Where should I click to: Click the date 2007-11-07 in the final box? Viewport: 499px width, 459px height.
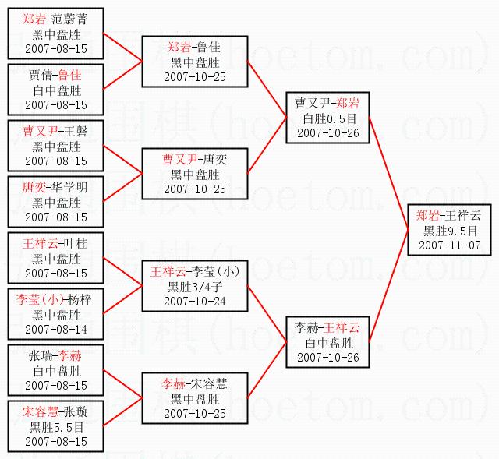click(x=448, y=245)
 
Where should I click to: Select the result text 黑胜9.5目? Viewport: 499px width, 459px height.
click(x=448, y=231)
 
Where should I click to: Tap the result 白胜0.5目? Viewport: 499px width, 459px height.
click(x=327, y=118)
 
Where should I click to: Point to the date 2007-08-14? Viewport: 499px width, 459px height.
click(x=56, y=330)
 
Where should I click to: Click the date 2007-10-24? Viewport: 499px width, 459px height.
click(x=195, y=301)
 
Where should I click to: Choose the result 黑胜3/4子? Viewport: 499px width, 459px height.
click(x=195, y=287)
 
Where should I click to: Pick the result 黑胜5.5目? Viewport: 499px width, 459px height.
click(x=56, y=427)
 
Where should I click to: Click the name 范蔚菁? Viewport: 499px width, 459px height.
click(x=71, y=20)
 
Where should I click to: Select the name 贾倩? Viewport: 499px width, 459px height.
click(x=42, y=76)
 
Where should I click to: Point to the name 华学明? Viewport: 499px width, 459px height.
click(x=71, y=189)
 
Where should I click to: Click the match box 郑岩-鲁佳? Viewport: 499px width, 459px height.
click(x=195, y=62)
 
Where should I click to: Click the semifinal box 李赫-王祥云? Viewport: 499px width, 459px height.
click(x=327, y=342)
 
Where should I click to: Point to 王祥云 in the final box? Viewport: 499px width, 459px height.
click(x=464, y=216)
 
